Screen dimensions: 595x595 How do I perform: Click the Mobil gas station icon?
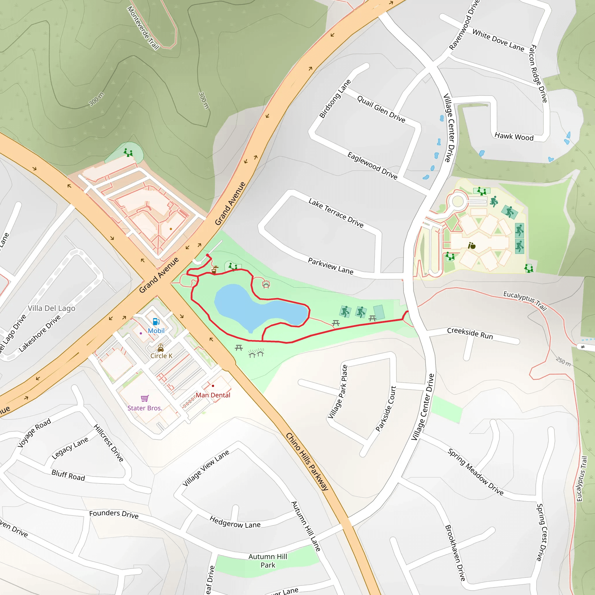(156, 322)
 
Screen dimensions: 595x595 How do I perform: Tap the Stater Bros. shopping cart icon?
(144, 398)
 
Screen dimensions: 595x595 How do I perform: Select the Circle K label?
(161, 356)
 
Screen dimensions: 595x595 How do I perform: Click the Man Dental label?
(213, 395)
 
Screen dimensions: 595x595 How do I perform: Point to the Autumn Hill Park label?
(268, 560)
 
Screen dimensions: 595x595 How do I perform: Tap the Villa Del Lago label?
(51, 308)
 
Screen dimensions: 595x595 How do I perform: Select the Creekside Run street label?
(470, 333)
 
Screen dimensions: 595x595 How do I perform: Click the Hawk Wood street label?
(514, 137)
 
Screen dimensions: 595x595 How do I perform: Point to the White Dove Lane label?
(498, 40)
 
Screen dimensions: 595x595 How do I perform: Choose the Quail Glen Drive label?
(381, 109)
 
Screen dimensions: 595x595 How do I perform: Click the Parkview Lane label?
(330, 266)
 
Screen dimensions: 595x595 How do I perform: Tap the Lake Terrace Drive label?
(336, 213)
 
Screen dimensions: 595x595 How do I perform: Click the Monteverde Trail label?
(143, 28)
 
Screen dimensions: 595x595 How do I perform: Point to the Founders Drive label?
(114, 514)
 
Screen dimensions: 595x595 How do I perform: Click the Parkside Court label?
(386, 409)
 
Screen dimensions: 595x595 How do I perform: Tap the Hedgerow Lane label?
(235, 522)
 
